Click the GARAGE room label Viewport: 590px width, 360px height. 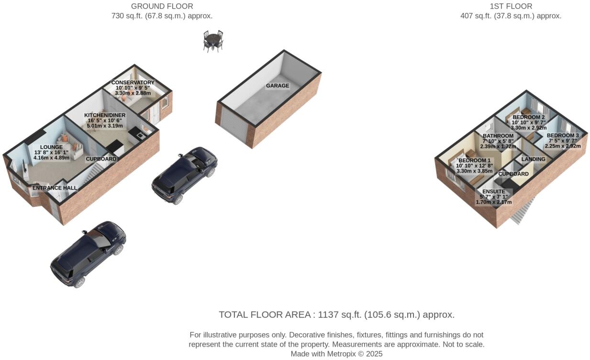pyautogui.click(x=278, y=86)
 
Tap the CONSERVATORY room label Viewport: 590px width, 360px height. pyautogui.click(x=133, y=82)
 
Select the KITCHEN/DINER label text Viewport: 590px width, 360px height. pyautogui.click(x=105, y=115)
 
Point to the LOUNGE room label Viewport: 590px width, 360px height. pyautogui.click(x=51, y=147)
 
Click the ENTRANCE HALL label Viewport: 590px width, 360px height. pyautogui.click(x=55, y=188)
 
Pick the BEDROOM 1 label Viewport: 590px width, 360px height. pyautogui.click(x=474, y=160)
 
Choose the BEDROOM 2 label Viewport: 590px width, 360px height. pyautogui.click(x=529, y=117)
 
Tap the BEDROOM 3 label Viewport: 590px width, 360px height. pyautogui.click(x=563, y=135)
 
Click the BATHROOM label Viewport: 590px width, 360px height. pyautogui.click(x=498, y=136)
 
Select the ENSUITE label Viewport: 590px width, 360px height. pyautogui.click(x=494, y=191)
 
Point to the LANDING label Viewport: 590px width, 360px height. pyautogui.click(x=534, y=159)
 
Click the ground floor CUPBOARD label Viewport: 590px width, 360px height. pyautogui.click(x=101, y=159)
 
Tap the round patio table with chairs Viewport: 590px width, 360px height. pyautogui.click(x=213, y=41)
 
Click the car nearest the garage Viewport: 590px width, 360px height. pyautogui.click(x=184, y=175)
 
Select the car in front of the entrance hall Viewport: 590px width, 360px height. pyautogui.click(x=88, y=254)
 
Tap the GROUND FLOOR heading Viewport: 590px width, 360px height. pyautogui.click(x=162, y=6)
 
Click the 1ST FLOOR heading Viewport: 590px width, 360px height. pyautogui.click(x=511, y=6)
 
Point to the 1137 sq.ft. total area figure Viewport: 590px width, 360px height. pyautogui.click(x=340, y=315)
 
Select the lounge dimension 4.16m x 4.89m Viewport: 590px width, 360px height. pyautogui.click(x=51, y=157)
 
